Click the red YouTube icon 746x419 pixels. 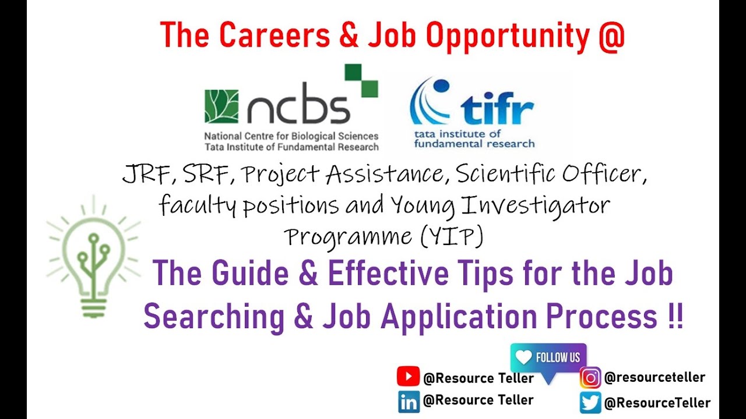click(x=408, y=377)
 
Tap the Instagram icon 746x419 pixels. click(x=590, y=378)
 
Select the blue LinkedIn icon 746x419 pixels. click(x=409, y=402)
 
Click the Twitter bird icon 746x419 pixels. click(x=590, y=402)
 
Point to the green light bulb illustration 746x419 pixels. click(x=94, y=257)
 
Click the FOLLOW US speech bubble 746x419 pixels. click(x=548, y=358)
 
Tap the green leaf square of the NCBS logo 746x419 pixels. click(x=221, y=106)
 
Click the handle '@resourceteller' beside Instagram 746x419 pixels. click(x=654, y=377)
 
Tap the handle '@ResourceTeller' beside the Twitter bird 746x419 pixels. click(x=657, y=402)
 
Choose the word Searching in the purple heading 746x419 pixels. click(x=214, y=317)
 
